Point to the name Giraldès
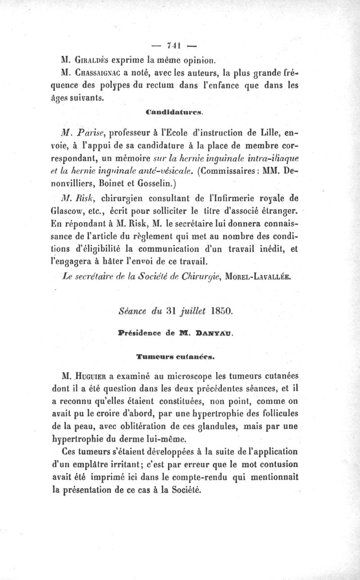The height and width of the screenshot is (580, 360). click(90, 59)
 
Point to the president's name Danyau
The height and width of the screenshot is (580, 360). click(216, 334)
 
